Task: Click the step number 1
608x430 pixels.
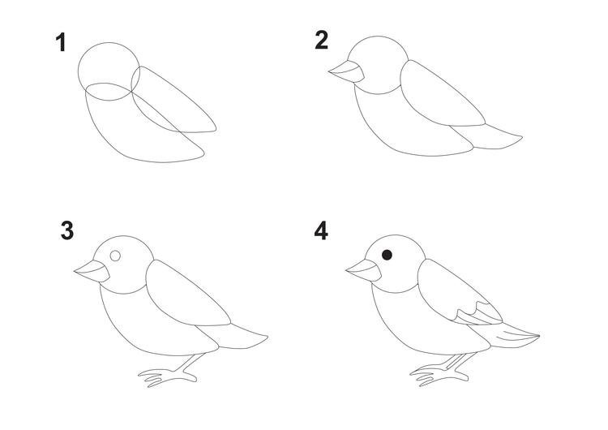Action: pyautogui.click(x=61, y=42)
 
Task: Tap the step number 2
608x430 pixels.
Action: pyautogui.click(x=322, y=41)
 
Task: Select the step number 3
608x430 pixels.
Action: pyautogui.click(x=67, y=231)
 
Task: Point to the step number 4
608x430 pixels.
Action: pyautogui.click(x=321, y=231)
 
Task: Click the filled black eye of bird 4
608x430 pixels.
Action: pyautogui.click(x=387, y=255)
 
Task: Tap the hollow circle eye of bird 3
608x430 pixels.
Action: pyautogui.click(x=116, y=256)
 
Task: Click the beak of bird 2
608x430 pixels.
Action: pyautogui.click(x=346, y=71)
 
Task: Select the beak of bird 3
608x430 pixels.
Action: pyautogui.click(x=92, y=271)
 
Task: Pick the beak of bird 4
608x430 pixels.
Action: pyautogui.click(x=364, y=270)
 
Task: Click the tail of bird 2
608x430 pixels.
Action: pyautogui.click(x=488, y=136)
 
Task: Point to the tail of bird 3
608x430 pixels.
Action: pyautogui.click(x=233, y=336)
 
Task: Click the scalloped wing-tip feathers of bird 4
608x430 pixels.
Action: pyautogui.click(x=479, y=313)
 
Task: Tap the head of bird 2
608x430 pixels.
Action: pyautogui.click(x=378, y=65)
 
